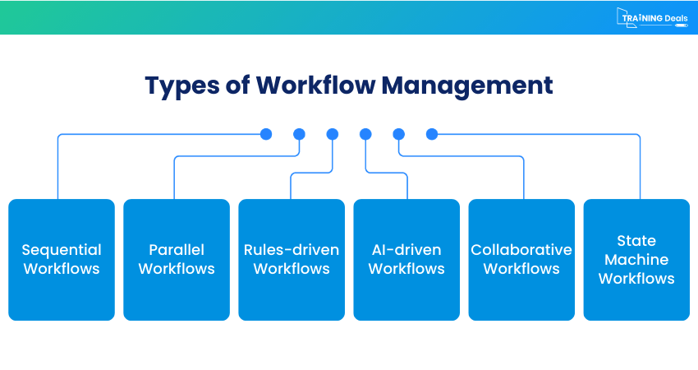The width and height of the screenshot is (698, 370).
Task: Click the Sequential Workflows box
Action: [x=62, y=259]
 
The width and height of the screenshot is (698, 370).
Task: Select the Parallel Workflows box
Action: [x=177, y=259]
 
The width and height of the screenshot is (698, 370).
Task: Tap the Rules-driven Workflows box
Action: [x=292, y=259]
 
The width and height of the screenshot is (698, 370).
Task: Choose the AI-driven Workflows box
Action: [x=406, y=259]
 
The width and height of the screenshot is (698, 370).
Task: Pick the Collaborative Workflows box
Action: [x=521, y=259]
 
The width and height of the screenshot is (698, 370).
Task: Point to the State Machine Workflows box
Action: [x=636, y=259]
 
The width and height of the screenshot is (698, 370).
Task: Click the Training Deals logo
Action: [x=652, y=17]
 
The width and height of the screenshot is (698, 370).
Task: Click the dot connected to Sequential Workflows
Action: [x=265, y=134]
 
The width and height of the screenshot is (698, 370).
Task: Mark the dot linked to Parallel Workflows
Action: [x=299, y=134]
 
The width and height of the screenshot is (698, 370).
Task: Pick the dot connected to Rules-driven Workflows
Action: [x=332, y=134]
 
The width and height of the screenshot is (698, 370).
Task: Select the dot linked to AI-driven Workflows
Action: [x=365, y=134]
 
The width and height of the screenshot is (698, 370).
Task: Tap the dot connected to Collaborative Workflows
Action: [x=399, y=134]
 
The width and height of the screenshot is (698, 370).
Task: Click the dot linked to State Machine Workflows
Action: [x=432, y=134]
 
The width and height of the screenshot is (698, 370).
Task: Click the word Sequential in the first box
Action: [x=62, y=250]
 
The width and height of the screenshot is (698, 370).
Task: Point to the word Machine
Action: [x=636, y=260]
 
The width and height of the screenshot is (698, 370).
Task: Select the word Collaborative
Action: [x=521, y=250]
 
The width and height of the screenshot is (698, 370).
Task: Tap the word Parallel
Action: [x=177, y=250]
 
